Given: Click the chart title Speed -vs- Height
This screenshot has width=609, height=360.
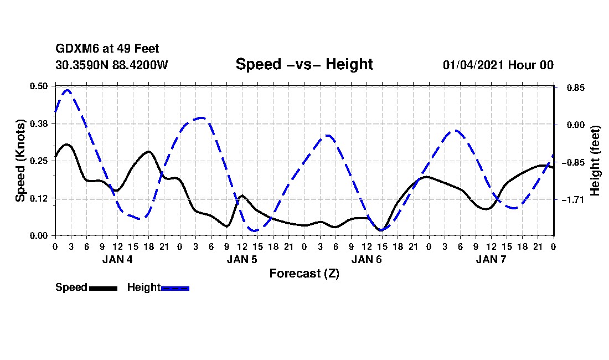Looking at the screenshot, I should coord(304,64).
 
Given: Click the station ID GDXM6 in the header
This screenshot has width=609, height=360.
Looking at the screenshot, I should coord(75,49).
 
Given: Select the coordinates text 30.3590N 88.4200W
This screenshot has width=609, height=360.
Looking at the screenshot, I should coord(111,65).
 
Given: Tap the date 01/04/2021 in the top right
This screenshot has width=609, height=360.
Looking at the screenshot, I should coord(473,65).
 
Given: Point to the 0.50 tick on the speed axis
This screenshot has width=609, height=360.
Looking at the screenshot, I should coord(39,86).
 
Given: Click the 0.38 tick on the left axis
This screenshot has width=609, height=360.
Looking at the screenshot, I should coord(39,124).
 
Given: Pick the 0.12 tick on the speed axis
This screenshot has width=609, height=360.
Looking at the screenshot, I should coord(39,198).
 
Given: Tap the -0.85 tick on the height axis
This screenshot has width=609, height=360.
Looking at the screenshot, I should coord(572,162).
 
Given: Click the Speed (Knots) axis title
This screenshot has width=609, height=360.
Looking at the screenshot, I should coord(20,160).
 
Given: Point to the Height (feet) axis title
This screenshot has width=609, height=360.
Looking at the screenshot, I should coord(596,161).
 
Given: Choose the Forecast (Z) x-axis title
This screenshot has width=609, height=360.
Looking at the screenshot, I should coord(304,274).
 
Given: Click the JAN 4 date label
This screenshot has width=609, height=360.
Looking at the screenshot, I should coord(117,259).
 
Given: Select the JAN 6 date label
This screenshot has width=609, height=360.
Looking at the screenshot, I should coord(367,259).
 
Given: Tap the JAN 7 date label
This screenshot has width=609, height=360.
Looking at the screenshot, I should coord(491,259).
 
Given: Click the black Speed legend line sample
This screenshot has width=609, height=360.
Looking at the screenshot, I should coord(103,288).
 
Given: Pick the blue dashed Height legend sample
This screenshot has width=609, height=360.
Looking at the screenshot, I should coord(175,288).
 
